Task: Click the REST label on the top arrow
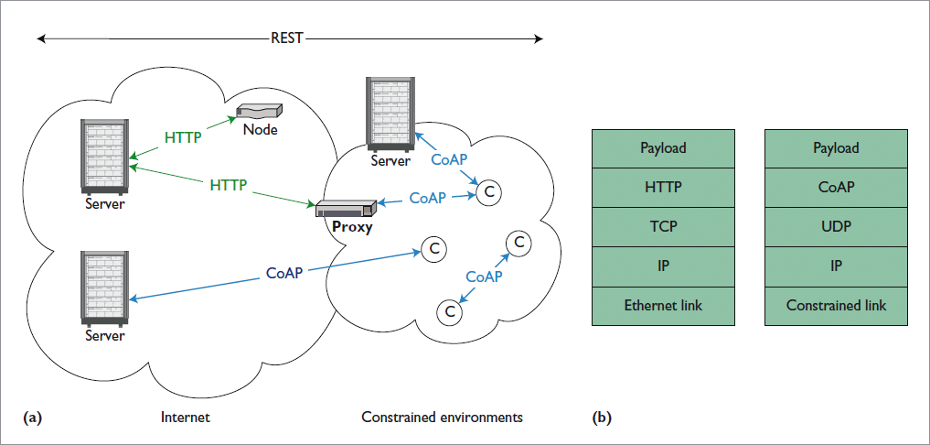(x=287, y=38)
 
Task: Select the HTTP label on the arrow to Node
(x=184, y=137)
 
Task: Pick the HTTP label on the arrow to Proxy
(x=229, y=185)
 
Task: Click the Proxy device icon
(x=346, y=208)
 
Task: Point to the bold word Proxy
(x=352, y=227)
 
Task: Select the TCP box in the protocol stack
(x=663, y=226)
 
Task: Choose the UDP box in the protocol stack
(x=836, y=226)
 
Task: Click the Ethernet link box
(x=663, y=305)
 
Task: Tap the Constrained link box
(x=836, y=305)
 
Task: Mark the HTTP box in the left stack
(x=663, y=187)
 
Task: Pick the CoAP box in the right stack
(x=836, y=187)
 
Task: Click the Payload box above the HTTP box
(x=663, y=147)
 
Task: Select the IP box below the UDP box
(x=836, y=266)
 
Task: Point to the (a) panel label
(x=32, y=418)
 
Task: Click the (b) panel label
(x=602, y=418)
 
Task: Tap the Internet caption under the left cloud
(x=185, y=418)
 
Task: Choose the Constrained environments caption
(x=442, y=418)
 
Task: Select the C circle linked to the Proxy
(x=489, y=191)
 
